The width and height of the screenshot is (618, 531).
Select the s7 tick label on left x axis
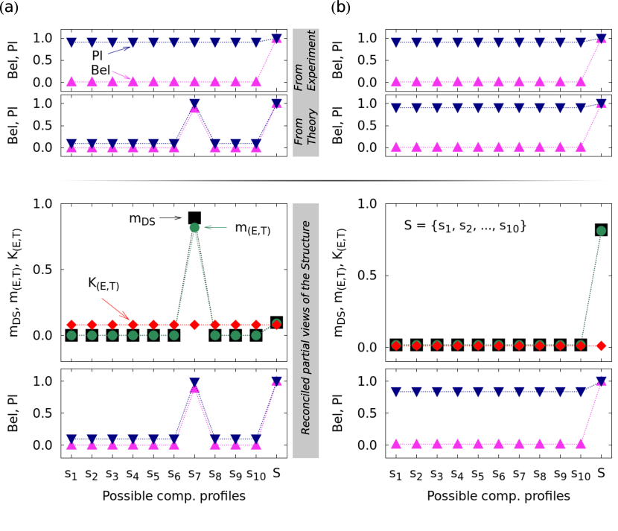(194, 473)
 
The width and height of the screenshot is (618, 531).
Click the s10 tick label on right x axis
(581, 473)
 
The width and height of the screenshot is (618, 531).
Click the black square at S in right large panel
(602, 230)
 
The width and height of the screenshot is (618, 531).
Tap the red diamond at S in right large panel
(602, 346)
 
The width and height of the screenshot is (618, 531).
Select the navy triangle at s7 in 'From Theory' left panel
(194, 104)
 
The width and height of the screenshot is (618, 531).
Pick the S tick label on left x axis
(276, 472)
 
